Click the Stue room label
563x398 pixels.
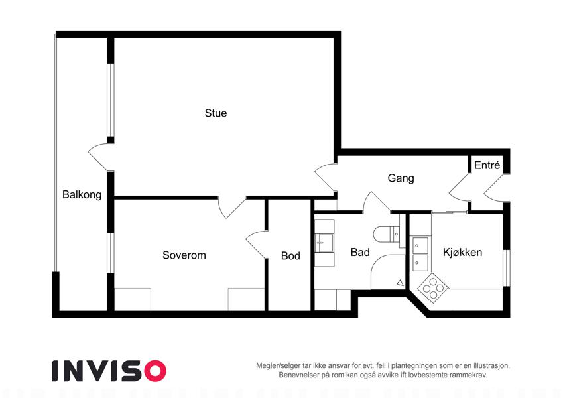tap(216, 113)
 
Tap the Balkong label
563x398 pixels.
tap(82, 195)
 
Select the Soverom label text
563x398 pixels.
tap(184, 255)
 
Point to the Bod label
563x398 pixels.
tap(290, 256)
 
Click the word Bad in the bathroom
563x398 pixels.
tap(360, 253)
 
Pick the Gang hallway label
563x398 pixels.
tap(401, 178)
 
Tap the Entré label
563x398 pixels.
tap(487, 165)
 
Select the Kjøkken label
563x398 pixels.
tap(462, 253)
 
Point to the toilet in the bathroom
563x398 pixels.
tap(386, 234)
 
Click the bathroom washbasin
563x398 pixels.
tap(324, 243)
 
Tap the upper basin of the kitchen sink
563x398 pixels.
tap(420, 245)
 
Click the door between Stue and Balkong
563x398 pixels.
tap(101, 157)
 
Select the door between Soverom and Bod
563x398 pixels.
tap(257, 244)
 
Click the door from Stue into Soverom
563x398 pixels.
tap(232, 207)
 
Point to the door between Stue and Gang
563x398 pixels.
tap(326, 178)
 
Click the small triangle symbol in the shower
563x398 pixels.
tap(401, 283)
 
